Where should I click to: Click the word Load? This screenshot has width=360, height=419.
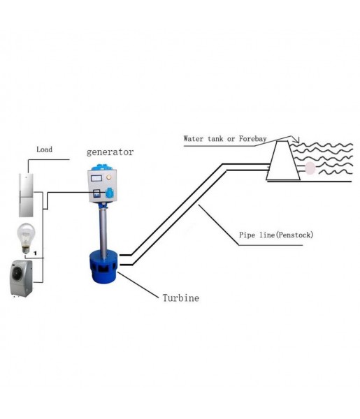pos(44,149)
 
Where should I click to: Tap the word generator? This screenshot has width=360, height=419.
pos(110,152)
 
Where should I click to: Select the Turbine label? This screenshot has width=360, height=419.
pos(180,297)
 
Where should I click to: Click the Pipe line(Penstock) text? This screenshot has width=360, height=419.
pos(276,235)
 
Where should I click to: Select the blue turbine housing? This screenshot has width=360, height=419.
pos(103,266)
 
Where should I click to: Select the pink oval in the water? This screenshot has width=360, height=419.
pos(310,168)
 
